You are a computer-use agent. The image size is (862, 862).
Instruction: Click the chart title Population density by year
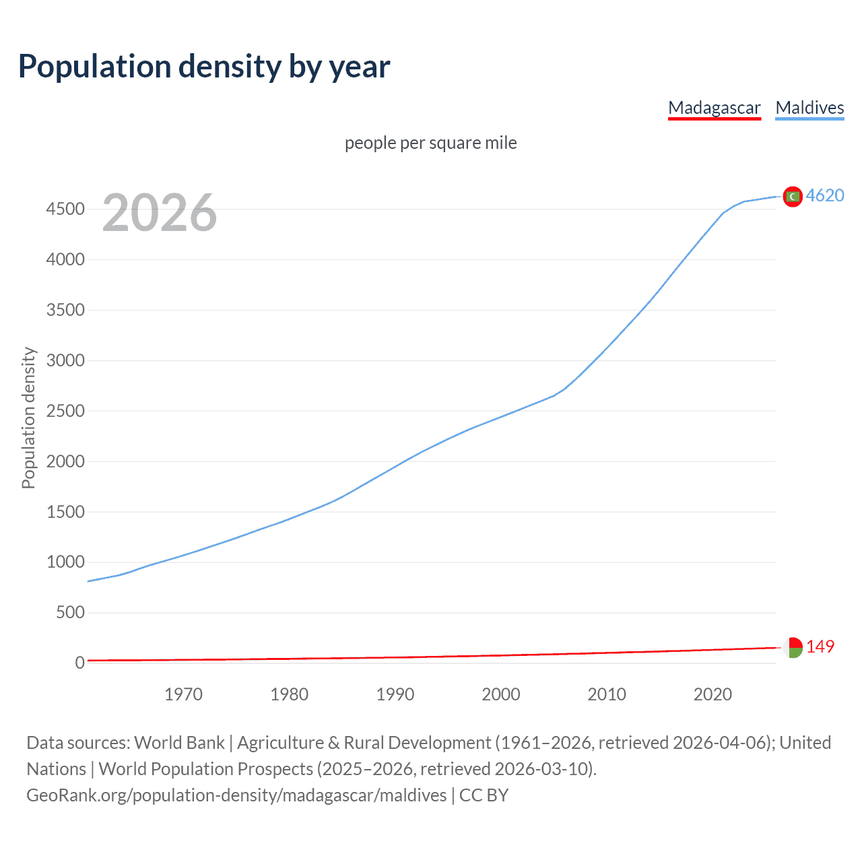[x=204, y=67]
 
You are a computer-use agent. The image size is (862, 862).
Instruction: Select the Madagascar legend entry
[x=714, y=108]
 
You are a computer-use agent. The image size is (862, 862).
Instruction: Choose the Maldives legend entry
[x=809, y=108]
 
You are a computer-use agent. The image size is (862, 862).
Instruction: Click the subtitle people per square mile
[x=430, y=143]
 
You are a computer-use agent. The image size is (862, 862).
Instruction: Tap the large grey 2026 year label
[x=160, y=213]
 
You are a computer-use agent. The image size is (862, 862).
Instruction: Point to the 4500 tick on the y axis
[x=65, y=209]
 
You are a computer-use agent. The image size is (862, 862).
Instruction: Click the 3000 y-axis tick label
[x=65, y=360]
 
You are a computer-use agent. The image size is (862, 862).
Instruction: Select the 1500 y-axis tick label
[x=65, y=512]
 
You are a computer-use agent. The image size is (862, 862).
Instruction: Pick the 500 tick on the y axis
[x=70, y=612]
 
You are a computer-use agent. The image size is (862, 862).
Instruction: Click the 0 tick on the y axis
[x=80, y=663]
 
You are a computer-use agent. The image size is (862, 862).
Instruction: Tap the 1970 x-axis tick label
[x=183, y=694]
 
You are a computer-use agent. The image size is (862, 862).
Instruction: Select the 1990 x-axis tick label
[x=395, y=694]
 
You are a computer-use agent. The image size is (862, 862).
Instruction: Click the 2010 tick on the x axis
[x=607, y=694]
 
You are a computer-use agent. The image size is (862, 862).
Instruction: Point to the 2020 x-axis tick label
[x=712, y=694]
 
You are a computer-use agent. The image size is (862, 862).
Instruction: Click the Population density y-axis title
[x=28, y=418]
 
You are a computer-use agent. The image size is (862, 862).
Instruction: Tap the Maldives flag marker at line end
[x=793, y=197]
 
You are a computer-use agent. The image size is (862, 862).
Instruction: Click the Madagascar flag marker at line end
[x=793, y=647]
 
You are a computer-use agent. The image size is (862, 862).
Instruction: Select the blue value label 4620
[x=825, y=195]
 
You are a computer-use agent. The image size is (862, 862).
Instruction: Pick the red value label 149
[x=820, y=646]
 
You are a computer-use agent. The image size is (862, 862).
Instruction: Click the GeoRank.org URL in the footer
[x=236, y=795]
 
